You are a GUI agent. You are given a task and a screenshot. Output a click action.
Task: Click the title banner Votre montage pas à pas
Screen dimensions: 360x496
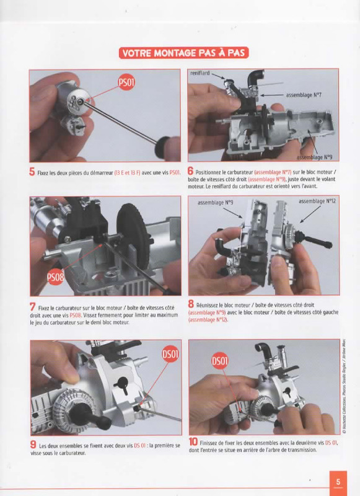coord(183,53)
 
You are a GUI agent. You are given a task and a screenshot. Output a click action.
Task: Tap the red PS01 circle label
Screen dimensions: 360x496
coord(126,83)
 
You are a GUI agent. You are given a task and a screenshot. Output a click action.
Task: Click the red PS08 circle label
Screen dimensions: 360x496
coord(55,277)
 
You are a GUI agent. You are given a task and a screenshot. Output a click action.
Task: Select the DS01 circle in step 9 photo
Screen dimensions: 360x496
coord(170,354)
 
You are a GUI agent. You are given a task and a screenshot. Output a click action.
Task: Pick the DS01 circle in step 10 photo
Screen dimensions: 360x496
coord(220,361)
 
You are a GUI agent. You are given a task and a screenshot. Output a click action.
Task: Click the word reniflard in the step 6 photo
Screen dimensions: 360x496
coord(200,73)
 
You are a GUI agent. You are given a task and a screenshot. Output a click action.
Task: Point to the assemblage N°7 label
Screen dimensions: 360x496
coord(304,95)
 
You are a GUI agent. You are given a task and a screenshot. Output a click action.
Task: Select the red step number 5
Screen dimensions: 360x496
coord(32,172)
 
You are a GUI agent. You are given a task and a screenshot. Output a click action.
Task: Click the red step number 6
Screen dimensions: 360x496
coord(190,171)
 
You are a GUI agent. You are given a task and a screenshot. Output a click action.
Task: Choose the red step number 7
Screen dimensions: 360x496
coord(33,307)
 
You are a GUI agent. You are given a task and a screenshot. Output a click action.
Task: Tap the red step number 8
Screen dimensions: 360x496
coord(191,304)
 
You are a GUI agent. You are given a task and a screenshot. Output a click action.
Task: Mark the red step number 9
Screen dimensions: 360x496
coord(33,445)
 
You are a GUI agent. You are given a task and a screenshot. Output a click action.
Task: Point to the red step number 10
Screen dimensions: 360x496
coord(193,441)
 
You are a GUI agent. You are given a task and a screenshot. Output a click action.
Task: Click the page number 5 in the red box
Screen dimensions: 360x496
coord(338,482)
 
